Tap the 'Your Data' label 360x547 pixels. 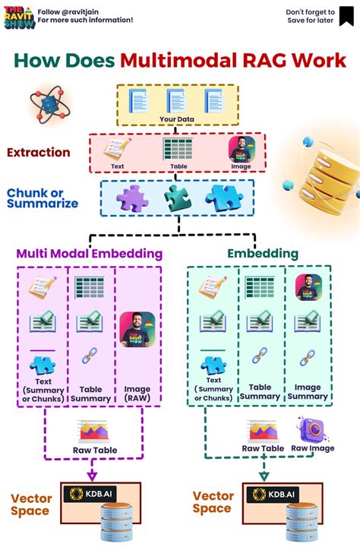[177, 119]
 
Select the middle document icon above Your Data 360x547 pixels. [177, 101]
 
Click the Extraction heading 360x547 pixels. [39, 153]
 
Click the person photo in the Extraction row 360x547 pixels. [241, 150]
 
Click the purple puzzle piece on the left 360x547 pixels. [131, 198]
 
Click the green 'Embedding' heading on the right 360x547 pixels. [262, 254]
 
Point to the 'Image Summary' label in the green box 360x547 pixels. [308, 391]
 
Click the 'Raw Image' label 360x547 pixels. [311, 449]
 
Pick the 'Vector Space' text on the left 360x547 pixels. [31, 504]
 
